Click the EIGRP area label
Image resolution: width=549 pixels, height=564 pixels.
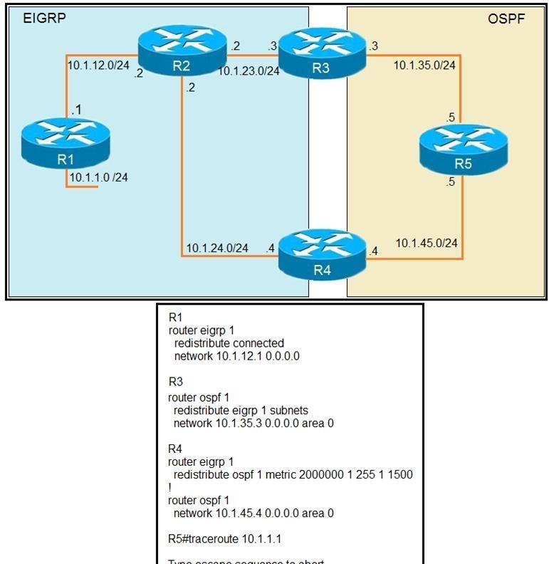pyautogui.click(x=44, y=19)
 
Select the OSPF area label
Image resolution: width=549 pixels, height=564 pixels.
pyautogui.click(x=506, y=19)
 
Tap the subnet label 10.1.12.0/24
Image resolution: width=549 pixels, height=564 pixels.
pyautogui.click(x=98, y=65)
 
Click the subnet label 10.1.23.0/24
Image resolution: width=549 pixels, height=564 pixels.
pyautogui.click(x=248, y=70)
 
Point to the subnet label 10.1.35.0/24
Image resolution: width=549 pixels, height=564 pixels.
pyautogui.click(x=424, y=65)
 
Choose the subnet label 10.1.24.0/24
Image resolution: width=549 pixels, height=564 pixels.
pyautogui.click(x=217, y=248)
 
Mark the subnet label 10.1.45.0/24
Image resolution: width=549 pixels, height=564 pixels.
pyautogui.click(x=426, y=244)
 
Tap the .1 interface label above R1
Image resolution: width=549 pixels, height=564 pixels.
pyautogui.click(x=75, y=109)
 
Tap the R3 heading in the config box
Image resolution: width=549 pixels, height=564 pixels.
pyautogui.click(x=176, y=383)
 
